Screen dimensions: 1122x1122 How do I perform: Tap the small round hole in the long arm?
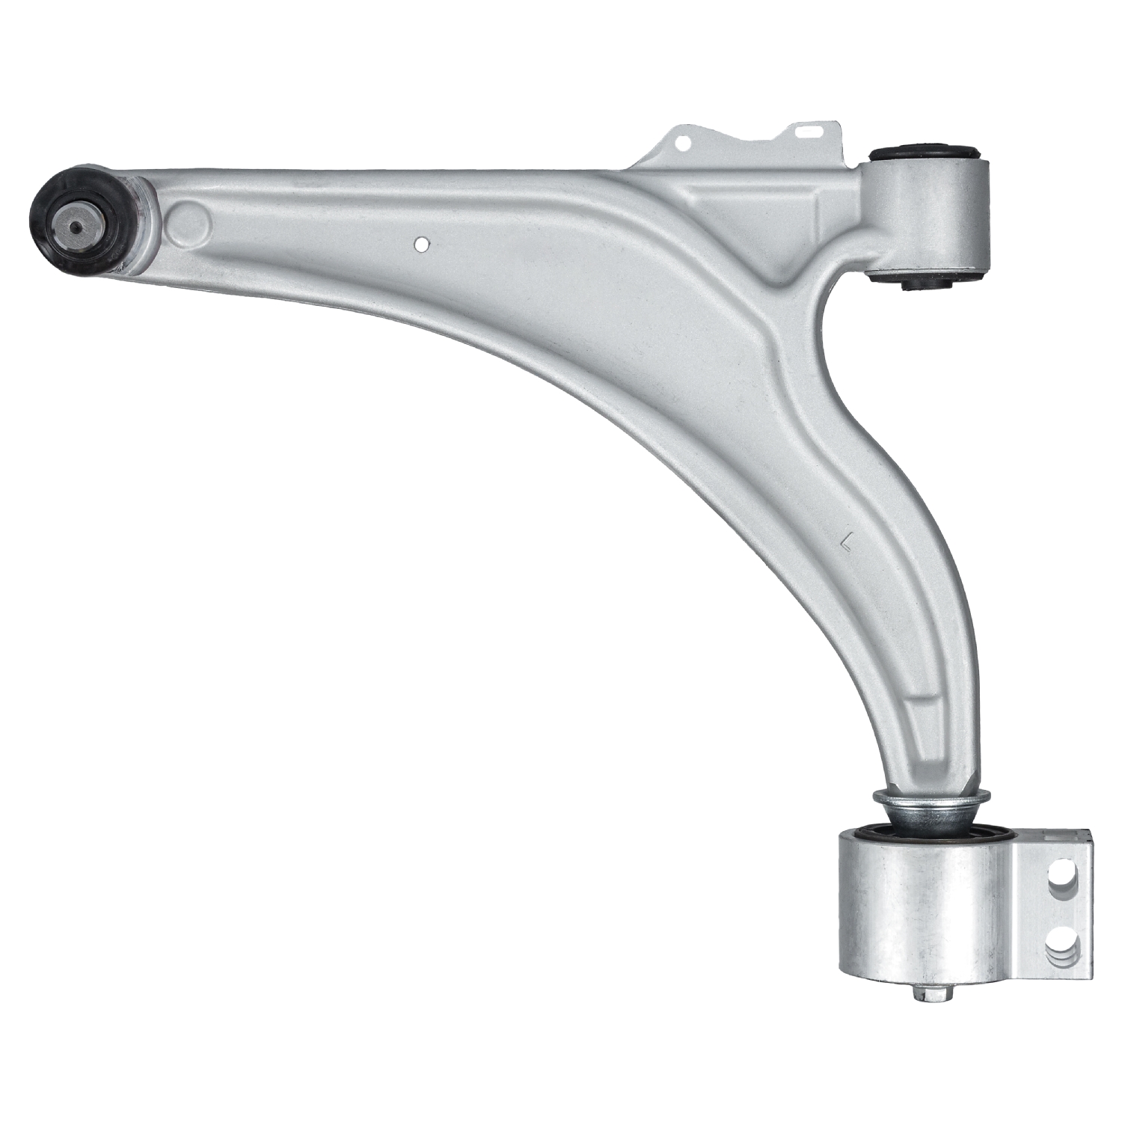[x=422, y=244]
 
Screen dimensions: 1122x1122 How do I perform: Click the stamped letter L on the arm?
[x=847, y=539]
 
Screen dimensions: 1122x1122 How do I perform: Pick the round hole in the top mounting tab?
[x=682, y=140]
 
